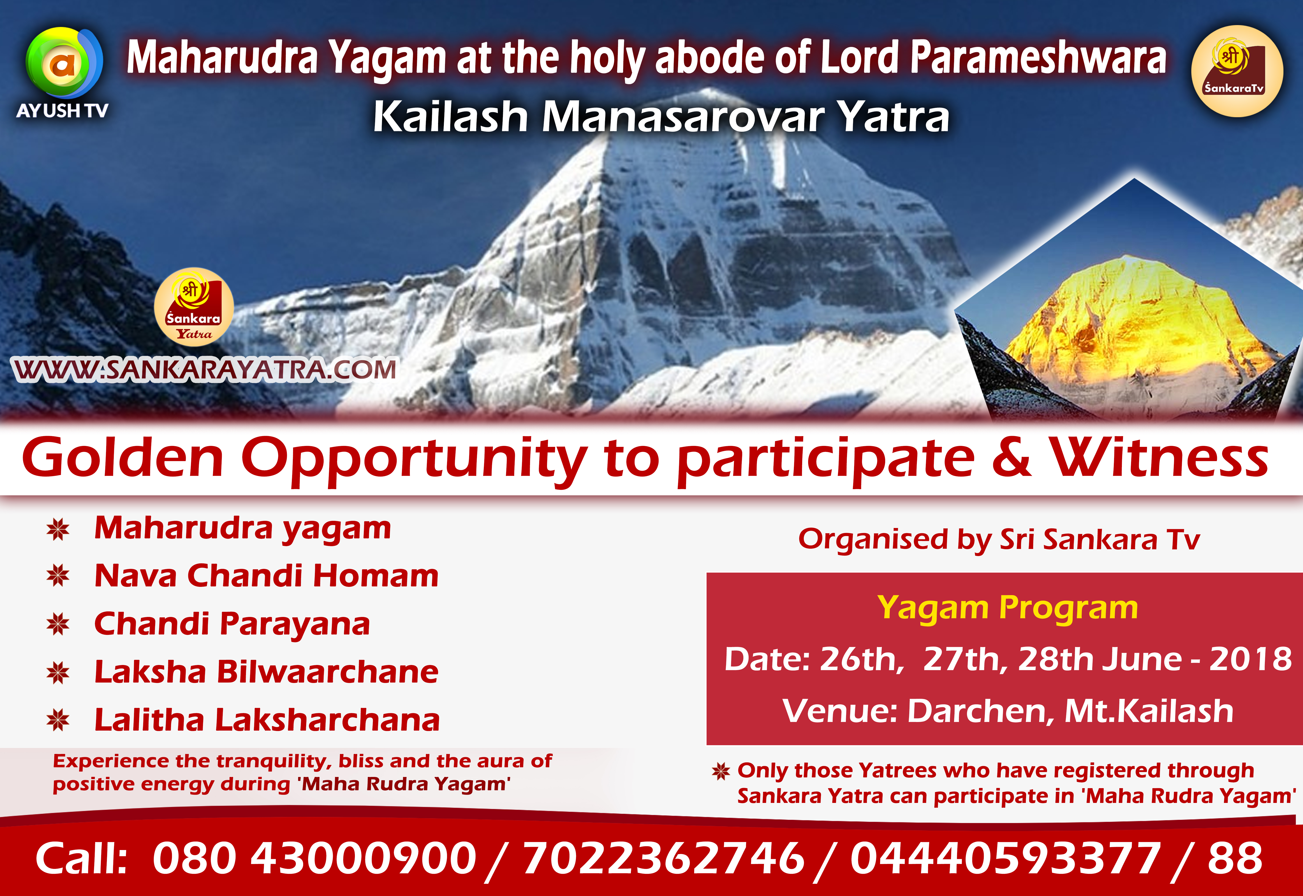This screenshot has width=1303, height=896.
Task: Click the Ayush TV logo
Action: (63, 73)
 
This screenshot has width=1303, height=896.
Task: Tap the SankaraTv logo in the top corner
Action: (1237, 71)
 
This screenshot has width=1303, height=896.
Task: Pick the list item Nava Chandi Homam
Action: (266, 576)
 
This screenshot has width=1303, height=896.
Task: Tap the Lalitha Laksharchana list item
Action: (267, 720)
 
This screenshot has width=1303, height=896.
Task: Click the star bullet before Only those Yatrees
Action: (721, 771)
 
